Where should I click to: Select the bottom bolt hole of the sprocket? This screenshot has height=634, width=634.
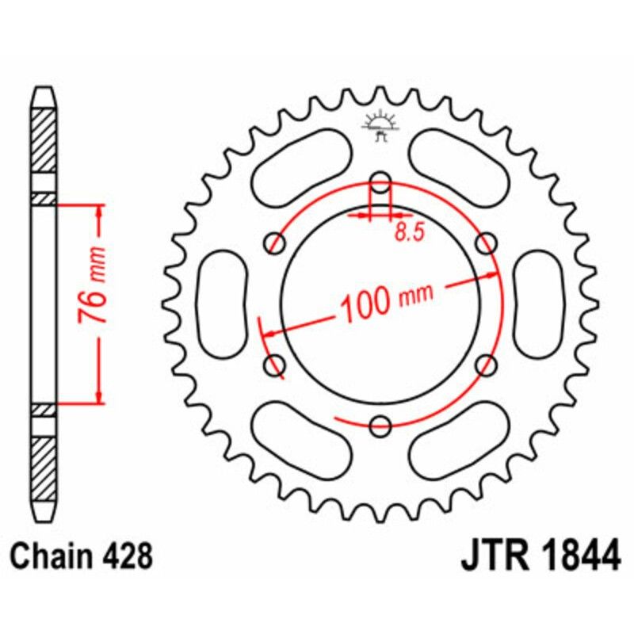(x=381, y=426)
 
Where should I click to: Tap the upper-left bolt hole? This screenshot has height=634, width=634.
(x=276, y=241)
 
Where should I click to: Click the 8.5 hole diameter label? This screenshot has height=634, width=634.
(x=405, y=233)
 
